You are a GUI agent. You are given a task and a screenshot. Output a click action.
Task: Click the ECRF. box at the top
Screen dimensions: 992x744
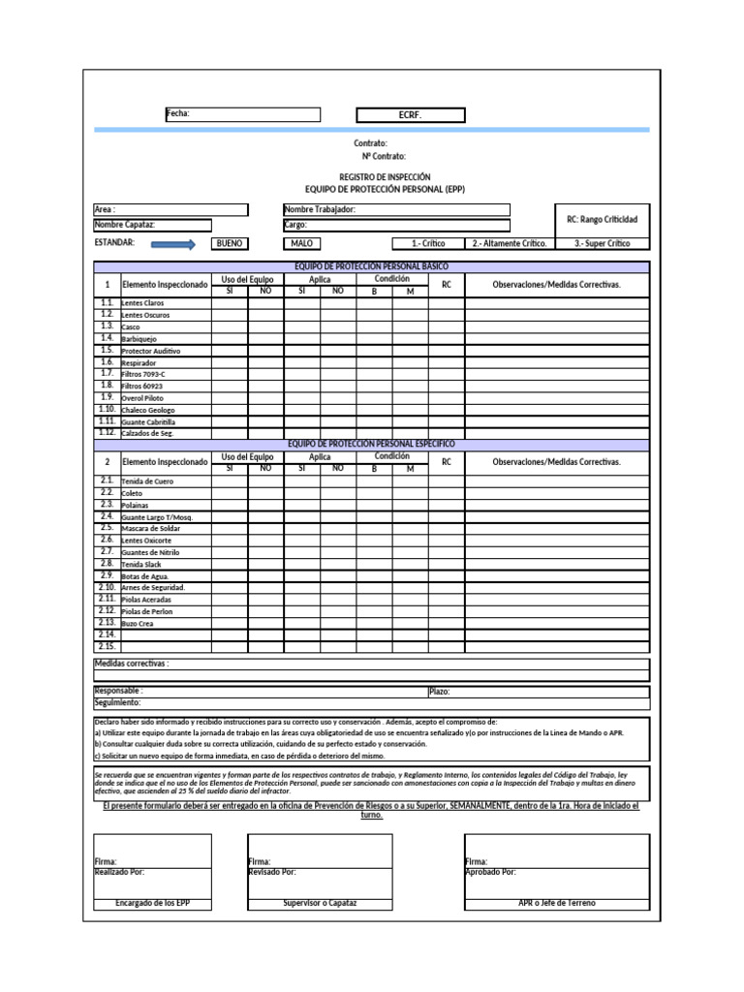(x=411, y=115)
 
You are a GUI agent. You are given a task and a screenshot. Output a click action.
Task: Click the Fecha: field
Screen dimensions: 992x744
(x=242, y=114)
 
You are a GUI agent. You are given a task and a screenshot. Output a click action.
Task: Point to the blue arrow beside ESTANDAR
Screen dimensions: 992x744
(x=173, y=244)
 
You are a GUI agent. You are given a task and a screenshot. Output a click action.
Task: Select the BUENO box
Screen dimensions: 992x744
(x=230, y=244)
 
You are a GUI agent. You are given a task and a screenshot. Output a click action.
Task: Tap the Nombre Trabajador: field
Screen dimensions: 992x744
(x=395, y=210)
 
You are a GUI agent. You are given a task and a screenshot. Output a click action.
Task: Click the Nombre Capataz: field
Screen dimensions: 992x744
(x=170, y=225)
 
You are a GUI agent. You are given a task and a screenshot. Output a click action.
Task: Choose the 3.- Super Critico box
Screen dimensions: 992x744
(x=602, y=244)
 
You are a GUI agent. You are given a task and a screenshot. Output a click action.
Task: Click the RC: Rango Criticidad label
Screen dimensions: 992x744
(x=601, y=219)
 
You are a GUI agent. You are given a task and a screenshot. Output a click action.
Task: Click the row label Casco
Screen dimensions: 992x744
(x=131, y=327)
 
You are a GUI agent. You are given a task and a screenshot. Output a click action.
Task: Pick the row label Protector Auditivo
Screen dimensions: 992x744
(x=150, y=351)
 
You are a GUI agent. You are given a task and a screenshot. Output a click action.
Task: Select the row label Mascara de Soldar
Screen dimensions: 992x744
(x=150, y=528)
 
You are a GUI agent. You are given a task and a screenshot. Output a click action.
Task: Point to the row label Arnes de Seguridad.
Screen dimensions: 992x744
(x=152, y=588)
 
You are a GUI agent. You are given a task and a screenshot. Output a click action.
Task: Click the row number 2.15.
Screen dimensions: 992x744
(x=107, y=646)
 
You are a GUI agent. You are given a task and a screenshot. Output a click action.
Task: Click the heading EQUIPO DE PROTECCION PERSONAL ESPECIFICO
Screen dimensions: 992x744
(x=371, y=444)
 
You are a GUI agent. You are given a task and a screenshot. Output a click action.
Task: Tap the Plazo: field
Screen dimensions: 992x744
(x=538, y=692)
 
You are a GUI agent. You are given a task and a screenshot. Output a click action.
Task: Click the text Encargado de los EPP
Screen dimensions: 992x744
(x=152, y=903)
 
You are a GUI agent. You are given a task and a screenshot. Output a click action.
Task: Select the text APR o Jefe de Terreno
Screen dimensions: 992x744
(x=557, y=903)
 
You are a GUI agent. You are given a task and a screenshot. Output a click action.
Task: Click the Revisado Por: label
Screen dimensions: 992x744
(x=272, y=872)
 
